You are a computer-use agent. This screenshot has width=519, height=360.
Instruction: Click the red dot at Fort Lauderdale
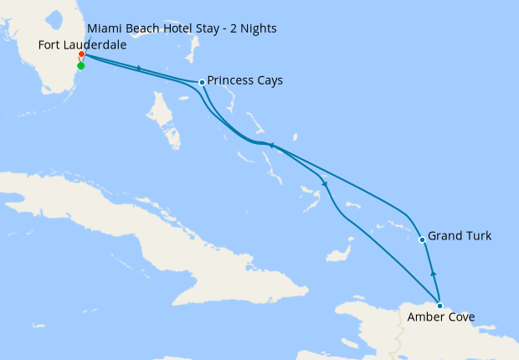click(81, 55)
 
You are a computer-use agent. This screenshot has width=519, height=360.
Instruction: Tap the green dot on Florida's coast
click(80, 65)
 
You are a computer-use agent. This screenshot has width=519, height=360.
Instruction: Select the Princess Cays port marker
click(203, 82)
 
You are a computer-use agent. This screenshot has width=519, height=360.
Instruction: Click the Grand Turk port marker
click(423, 240)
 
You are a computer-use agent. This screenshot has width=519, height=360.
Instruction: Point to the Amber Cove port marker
click(439, 306)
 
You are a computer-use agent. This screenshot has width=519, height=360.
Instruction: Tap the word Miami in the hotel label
click(102, 29)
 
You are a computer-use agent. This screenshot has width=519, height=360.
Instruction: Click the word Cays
click(270, 81)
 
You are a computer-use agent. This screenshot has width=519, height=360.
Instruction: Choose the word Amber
click(425, 317)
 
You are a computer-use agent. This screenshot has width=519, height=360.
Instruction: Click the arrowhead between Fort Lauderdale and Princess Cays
click(138, 68)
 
